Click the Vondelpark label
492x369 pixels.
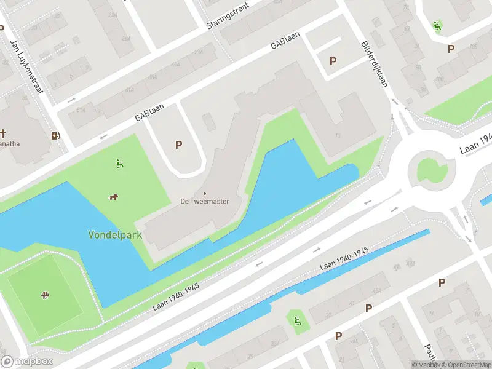pos(115,234)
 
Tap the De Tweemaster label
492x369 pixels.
pos(204,200)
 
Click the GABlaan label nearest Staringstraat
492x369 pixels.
pos(288,38)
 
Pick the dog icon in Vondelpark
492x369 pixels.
pos(113,197)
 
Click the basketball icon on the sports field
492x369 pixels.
pos(45,296)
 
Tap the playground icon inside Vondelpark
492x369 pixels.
pos(119,164)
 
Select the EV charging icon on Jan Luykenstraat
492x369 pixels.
pos(55,135)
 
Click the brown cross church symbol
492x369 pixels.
pos(3,133)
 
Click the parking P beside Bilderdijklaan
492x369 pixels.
pos(333,61)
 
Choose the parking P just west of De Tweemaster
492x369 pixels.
pos(179,145)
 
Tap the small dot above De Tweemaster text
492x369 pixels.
pos(204,192)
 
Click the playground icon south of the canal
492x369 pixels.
pos(297,320)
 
